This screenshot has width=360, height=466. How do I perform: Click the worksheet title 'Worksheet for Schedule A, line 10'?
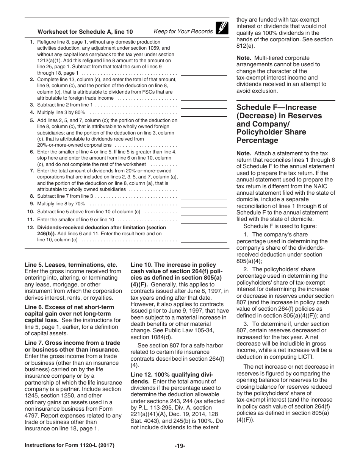[85, 32]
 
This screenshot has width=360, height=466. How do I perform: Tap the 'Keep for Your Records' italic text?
[183, 31]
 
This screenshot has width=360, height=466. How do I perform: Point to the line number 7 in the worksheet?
[32, 171]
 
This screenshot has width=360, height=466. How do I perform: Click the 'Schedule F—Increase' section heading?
[276, 107]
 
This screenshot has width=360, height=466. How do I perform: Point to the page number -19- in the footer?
[180, 446]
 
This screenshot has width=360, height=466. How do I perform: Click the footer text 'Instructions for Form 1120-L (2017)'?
[69, 446]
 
